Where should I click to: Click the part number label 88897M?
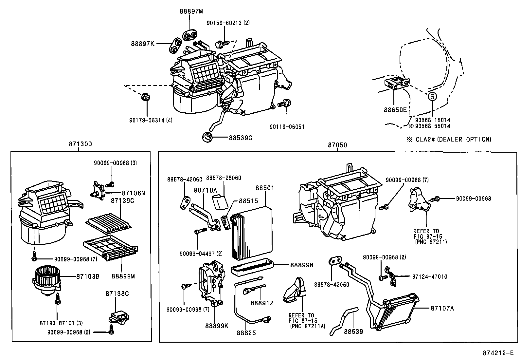pyautogui.click(x=191, y=11)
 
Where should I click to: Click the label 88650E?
pyautogui.click(x=395, y=110)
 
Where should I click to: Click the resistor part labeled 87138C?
pyautogui.click(x=118, y=317)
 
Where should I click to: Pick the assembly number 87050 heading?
pyautogui.click(x=337, y=145)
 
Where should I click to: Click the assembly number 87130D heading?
pyautogui.click(x=80, y=144)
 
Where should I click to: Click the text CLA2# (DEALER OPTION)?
pyautogui.click(x=453, y=140)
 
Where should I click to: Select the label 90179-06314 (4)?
pyautogui.click(x=151, y=120)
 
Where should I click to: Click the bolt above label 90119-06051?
pyautogui.click(x=284, y=104)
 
